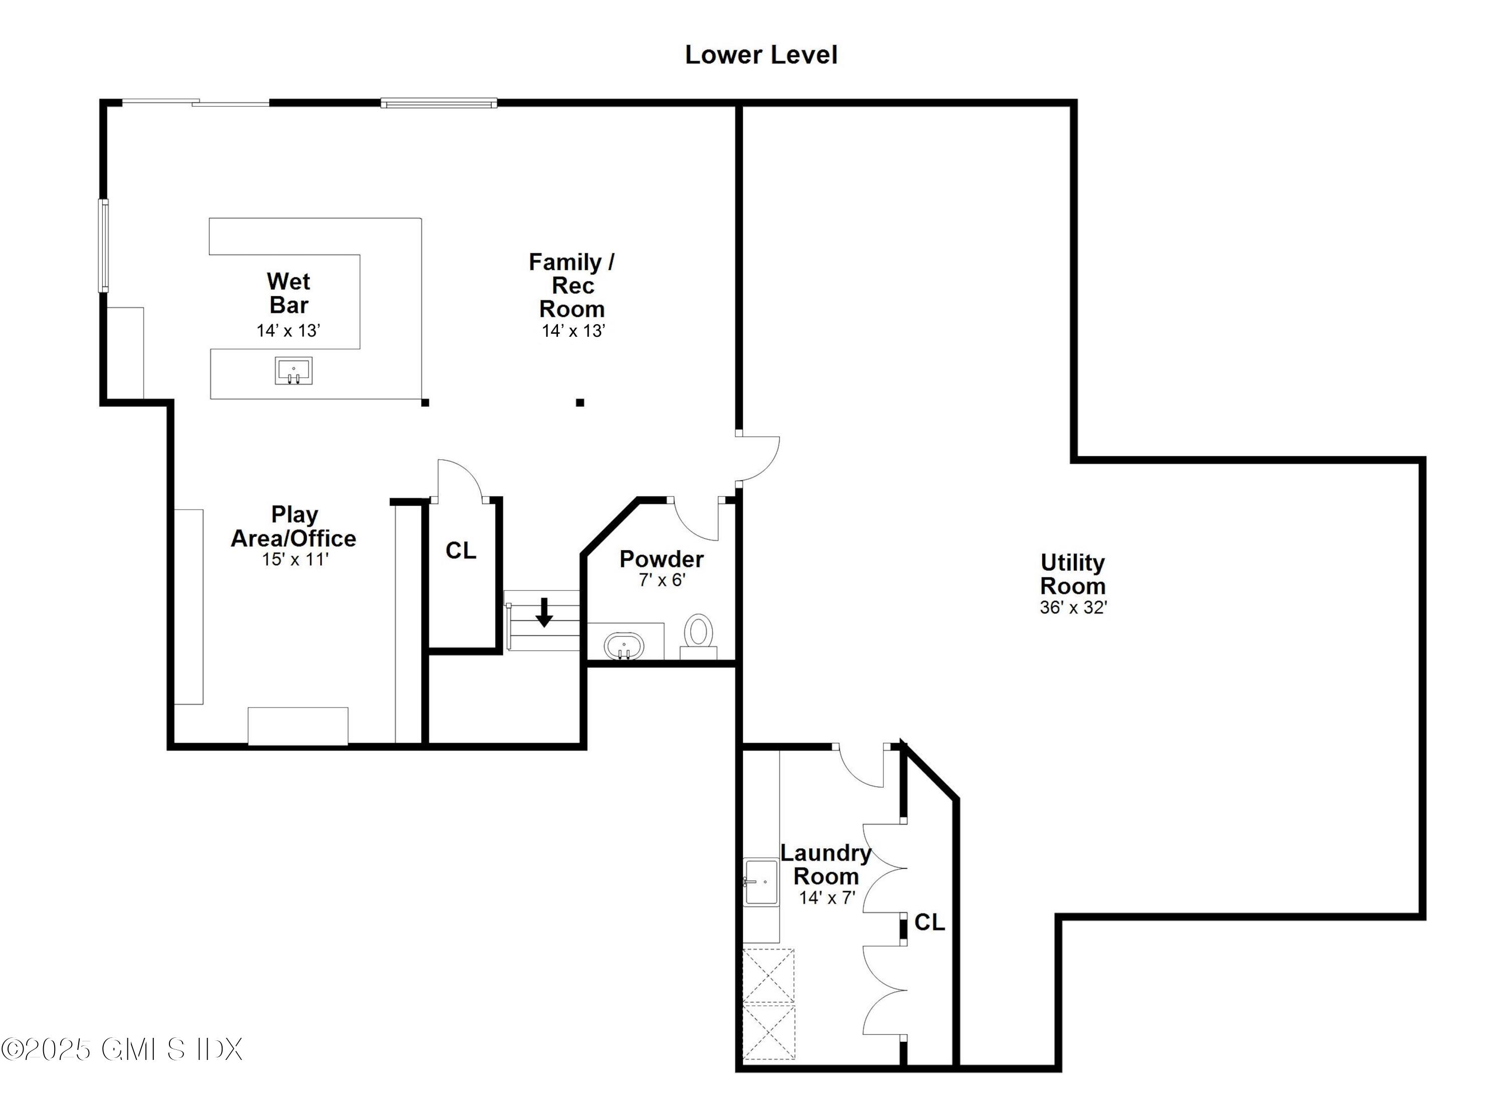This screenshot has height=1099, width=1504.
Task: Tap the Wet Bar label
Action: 289,293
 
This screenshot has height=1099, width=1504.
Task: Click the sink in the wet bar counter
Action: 293,370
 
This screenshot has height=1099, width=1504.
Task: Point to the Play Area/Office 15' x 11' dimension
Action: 295,559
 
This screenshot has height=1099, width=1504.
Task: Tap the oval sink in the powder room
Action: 624,646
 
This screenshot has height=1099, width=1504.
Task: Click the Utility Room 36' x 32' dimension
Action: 1073,607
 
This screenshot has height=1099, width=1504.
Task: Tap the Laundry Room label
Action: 826,864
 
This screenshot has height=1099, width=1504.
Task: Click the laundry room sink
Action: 761,882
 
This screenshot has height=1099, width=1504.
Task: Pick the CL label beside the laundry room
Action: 929,922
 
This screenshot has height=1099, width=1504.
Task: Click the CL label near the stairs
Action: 461,551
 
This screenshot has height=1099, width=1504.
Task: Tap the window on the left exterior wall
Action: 104,246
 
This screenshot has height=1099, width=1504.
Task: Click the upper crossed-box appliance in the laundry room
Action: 769,976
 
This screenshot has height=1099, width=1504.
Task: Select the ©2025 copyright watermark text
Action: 121,1049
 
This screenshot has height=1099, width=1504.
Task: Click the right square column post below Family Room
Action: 580,402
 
